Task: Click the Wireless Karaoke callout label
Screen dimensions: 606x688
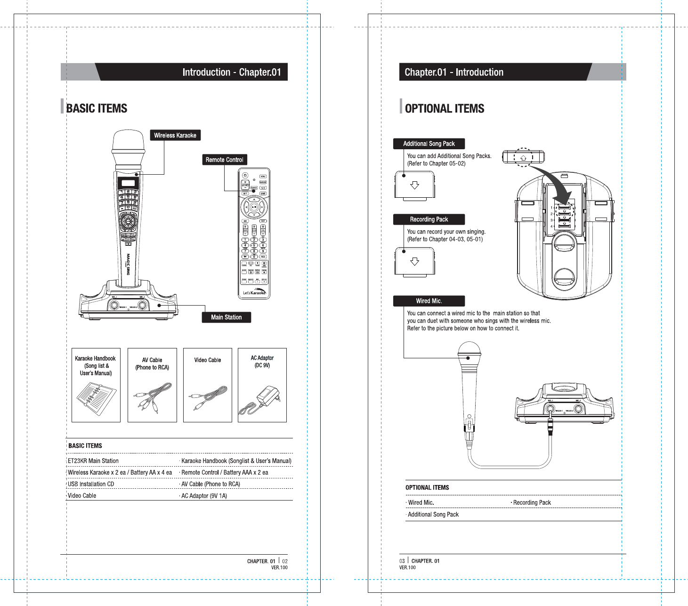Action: click(175, 135)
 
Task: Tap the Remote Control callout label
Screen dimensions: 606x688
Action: click(224, 160)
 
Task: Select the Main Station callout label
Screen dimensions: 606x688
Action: click(226, 317)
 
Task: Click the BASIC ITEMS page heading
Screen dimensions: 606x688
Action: click(97, 108)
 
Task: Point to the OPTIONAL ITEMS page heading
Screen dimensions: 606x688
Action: click(444, 109)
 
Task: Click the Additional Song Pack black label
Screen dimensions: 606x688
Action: click(429, 144)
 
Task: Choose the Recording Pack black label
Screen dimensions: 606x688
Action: click(429, 219)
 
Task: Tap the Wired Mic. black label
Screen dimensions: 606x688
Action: click(429, 301)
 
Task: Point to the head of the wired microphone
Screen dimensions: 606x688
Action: click(469, 349)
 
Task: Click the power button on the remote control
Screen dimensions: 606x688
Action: click(245, 176)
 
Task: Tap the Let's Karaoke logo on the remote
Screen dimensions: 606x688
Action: click(254, 292)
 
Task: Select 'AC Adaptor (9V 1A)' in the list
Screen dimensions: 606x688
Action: click(204, 496)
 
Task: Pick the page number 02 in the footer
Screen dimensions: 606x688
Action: click(284, 561)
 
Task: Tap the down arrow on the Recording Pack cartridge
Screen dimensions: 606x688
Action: click(414, 261)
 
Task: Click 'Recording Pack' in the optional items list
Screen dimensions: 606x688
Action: click(532, 502)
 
